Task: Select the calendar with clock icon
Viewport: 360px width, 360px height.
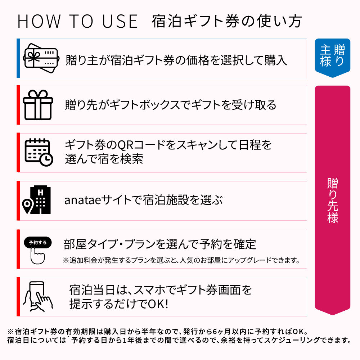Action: pyautogui.click(x=39, y=152)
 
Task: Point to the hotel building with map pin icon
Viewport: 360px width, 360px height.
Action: pyautogui.click(x=37, y=201)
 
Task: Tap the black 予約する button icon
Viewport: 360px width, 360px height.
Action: pyautogui.click(x=38, y=243)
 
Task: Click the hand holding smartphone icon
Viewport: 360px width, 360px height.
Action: pyautogui.click(x=38, y=296)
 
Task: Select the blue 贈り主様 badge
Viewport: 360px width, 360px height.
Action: pyautogui.click(x=332, y=55)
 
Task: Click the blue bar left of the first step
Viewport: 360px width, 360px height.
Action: pyautogui.click(x=18, y=58)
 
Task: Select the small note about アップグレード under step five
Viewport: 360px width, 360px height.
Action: pyautogui.click(x=181, y=260)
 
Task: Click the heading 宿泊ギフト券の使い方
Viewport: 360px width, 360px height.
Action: pyautogui.click(x=226, y=22)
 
